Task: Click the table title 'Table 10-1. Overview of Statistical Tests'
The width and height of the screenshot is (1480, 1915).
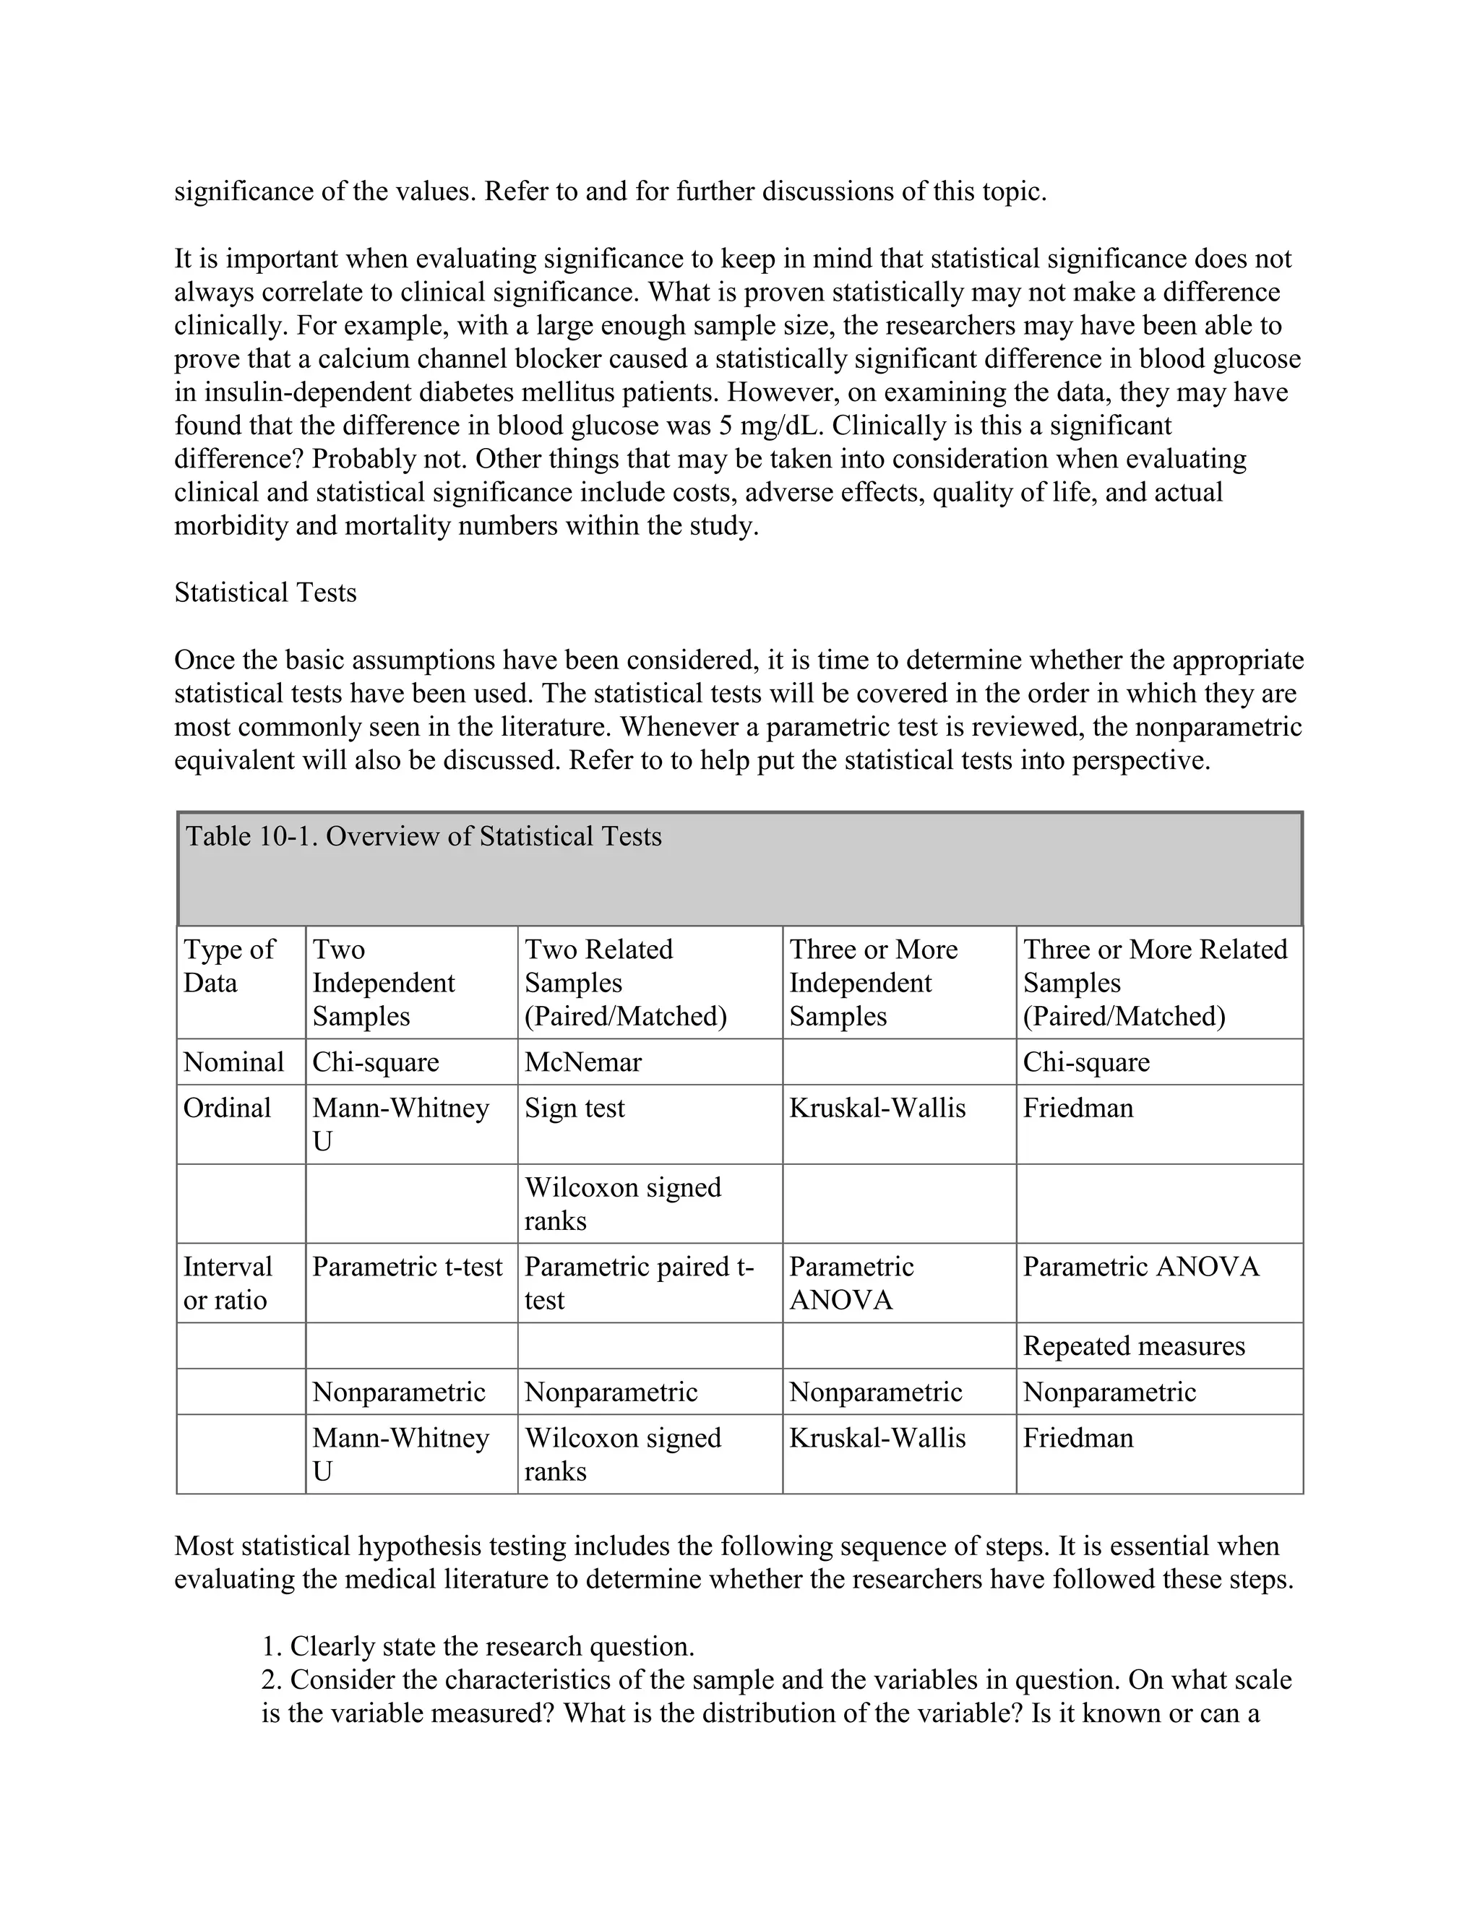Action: pos(423,837)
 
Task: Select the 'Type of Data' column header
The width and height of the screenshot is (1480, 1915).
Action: pos(229,965)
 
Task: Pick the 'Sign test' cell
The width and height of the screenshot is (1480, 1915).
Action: pos(575,1109)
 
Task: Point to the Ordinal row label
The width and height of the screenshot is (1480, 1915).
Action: pos(227,1109)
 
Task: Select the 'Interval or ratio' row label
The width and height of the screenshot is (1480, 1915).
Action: pos(228,1283)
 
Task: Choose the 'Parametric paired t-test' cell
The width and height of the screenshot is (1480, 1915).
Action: pos(639,1283)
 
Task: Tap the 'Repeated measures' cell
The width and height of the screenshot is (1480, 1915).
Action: pos(1134,1346)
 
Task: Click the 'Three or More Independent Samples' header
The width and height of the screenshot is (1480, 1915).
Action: pos(873,982)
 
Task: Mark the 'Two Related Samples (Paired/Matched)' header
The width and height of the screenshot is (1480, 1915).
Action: pos(625,982)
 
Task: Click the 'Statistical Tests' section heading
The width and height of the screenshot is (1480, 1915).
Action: pos(266,593)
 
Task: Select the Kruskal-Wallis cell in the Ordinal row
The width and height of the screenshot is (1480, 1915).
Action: pos(877,1109)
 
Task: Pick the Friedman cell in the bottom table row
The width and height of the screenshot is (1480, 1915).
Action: pos(1077,1438)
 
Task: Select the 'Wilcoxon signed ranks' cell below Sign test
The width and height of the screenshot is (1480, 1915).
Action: pos(622,1204)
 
